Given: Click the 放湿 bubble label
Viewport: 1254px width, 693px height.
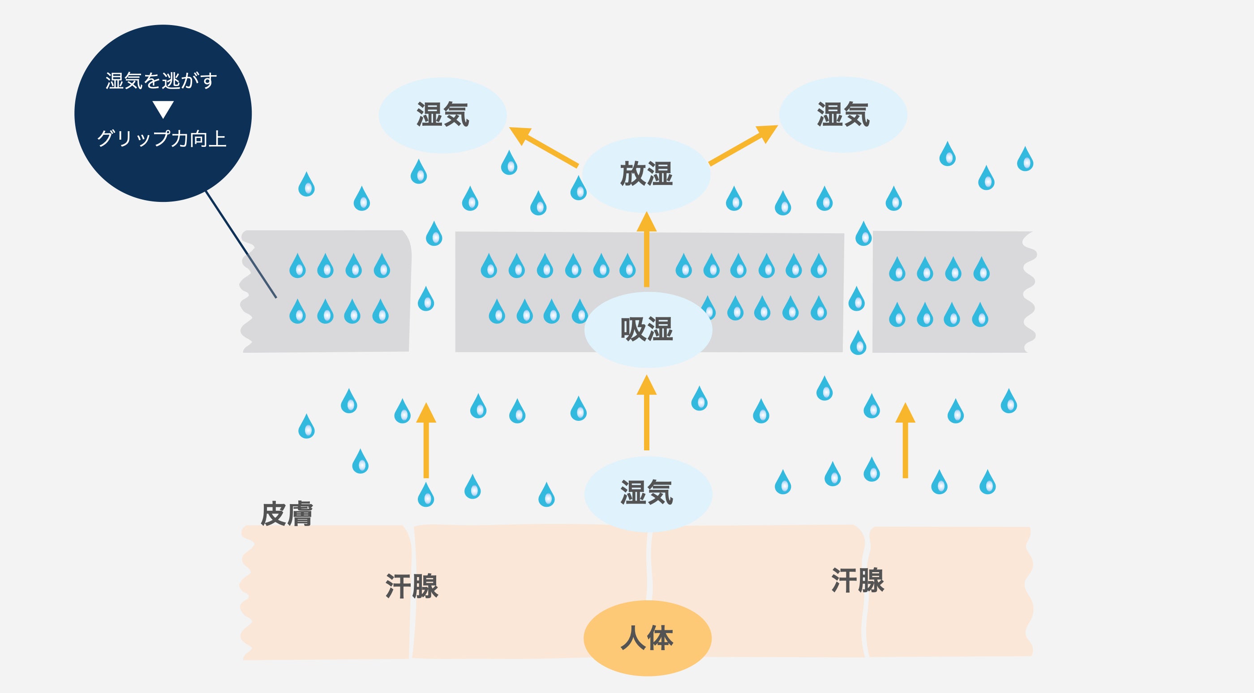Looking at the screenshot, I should (x=646, y=174).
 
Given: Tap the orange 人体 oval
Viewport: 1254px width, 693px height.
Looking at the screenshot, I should (x=648, y=637).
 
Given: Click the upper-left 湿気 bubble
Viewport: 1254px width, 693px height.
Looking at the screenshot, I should (x=442, y=115).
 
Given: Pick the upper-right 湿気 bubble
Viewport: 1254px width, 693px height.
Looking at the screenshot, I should (x=843, y=115).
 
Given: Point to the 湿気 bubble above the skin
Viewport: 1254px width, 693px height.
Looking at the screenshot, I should (x=648, y=492).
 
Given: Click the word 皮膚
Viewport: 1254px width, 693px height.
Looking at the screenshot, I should (x=286, y=514).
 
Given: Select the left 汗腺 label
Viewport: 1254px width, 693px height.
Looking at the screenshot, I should (x=412, y=586).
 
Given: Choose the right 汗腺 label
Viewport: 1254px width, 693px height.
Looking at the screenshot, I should (x=858, y=580).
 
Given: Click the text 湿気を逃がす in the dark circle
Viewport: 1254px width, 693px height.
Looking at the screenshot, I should (x=162, y=81).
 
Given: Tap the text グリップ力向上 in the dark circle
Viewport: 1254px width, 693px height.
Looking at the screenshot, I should (x=162, y=139).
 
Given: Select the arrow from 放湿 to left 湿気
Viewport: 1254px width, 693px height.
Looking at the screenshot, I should (x=543, y=146).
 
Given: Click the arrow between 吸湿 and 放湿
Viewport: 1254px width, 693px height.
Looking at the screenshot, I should (x=646, y=251).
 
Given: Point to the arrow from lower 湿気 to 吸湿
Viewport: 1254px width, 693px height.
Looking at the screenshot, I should (x=646, y=414).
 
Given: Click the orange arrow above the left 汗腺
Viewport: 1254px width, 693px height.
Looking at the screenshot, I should (x=426, y=441).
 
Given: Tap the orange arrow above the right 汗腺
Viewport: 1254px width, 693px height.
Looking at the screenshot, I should (x=906, y=441).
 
